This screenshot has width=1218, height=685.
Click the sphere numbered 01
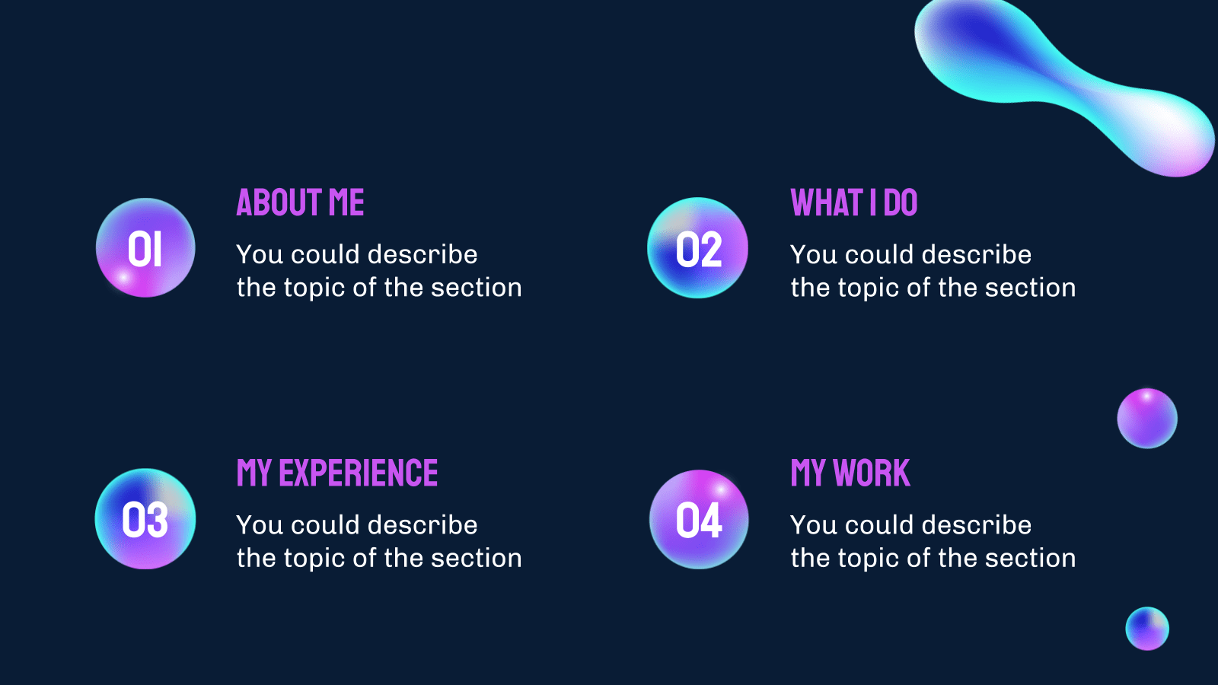point(145,248)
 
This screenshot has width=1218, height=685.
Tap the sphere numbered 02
point(697,248)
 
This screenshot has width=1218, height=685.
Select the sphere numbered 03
point(145,519)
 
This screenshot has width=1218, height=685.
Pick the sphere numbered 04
point(699,520)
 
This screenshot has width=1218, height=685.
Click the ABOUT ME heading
point(300,202)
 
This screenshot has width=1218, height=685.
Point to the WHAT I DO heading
point(853,202)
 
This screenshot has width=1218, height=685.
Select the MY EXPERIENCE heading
point(337,473)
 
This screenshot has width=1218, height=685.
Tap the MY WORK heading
point(850,473)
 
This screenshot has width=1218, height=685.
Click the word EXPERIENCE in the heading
point(359,473)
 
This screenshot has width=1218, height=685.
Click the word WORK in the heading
point(872,473)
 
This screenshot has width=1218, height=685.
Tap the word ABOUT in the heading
point(278,202)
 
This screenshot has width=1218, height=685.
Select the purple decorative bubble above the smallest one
point(1147,419)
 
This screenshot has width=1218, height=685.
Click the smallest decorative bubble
point(1147,629)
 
